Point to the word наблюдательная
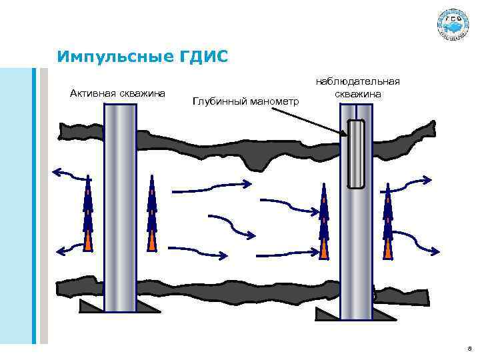[358, 81]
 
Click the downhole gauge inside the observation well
[357, 153]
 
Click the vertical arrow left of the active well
[87, 213]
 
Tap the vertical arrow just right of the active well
[152, 213]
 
